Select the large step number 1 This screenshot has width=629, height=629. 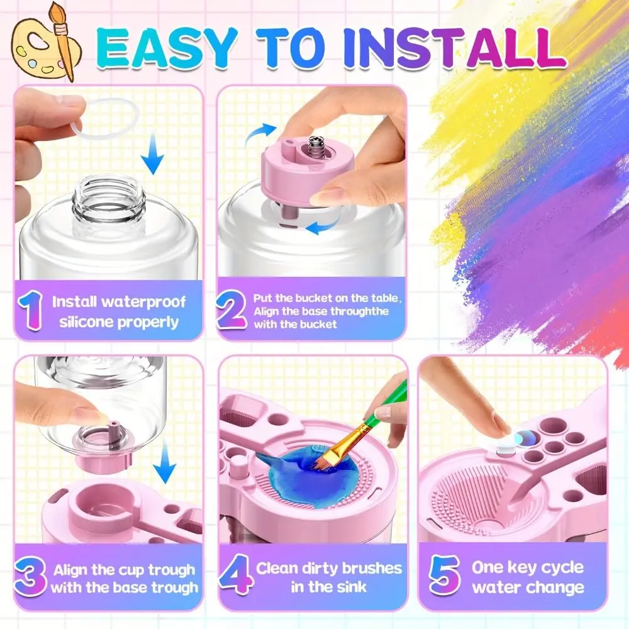[x=31, y=311]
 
